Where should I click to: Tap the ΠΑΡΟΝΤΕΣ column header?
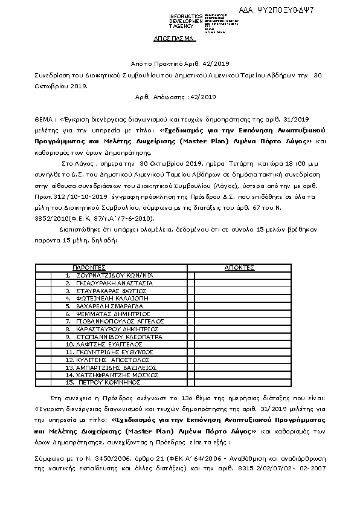[x=89, y=267]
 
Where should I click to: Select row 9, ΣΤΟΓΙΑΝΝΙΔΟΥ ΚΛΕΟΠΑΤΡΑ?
[x=118, y=336]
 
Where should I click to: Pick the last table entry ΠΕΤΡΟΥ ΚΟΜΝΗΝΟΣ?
[x=108, y=382]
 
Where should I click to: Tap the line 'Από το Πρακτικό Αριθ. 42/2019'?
[x=179, y=63]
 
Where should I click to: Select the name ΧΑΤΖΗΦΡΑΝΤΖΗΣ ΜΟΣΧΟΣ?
[x=116, y=375]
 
